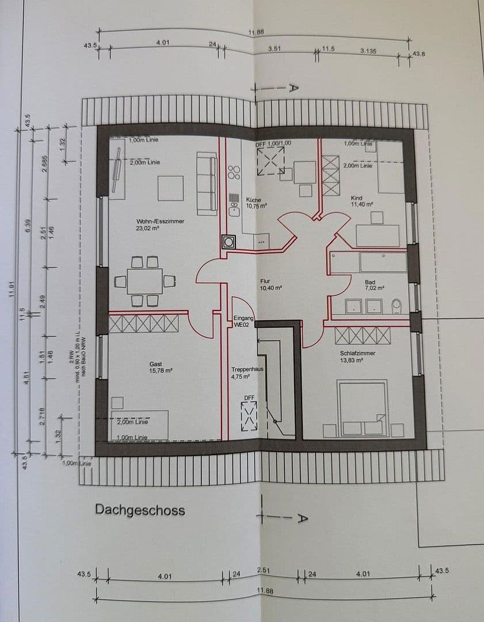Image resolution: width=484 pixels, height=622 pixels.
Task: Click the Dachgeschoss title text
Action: [x=140, y=510]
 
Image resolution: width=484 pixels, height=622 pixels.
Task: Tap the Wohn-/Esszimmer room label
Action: [x=153, y=221]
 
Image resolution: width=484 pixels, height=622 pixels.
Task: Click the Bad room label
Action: [x=370, y=282]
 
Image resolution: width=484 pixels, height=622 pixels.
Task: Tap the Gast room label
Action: [x=155, y=364]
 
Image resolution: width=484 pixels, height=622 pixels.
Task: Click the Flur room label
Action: [x=265, y=282]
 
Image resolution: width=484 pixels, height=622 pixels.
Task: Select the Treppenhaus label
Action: [x=244, y=369]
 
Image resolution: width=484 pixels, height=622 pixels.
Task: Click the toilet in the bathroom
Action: [x=397, y=305]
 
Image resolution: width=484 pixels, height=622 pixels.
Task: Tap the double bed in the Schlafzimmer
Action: [x=362, y=408]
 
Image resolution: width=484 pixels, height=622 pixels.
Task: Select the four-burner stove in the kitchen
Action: [x=234, y=172]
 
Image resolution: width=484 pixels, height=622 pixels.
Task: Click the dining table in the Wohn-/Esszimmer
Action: [x=144, y=281]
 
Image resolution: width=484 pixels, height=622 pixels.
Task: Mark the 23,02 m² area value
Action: [x=148, y=228]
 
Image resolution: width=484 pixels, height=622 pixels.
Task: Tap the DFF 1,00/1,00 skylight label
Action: [x=273, y=143]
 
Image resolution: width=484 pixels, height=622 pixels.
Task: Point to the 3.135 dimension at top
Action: [x=368, y=51]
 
